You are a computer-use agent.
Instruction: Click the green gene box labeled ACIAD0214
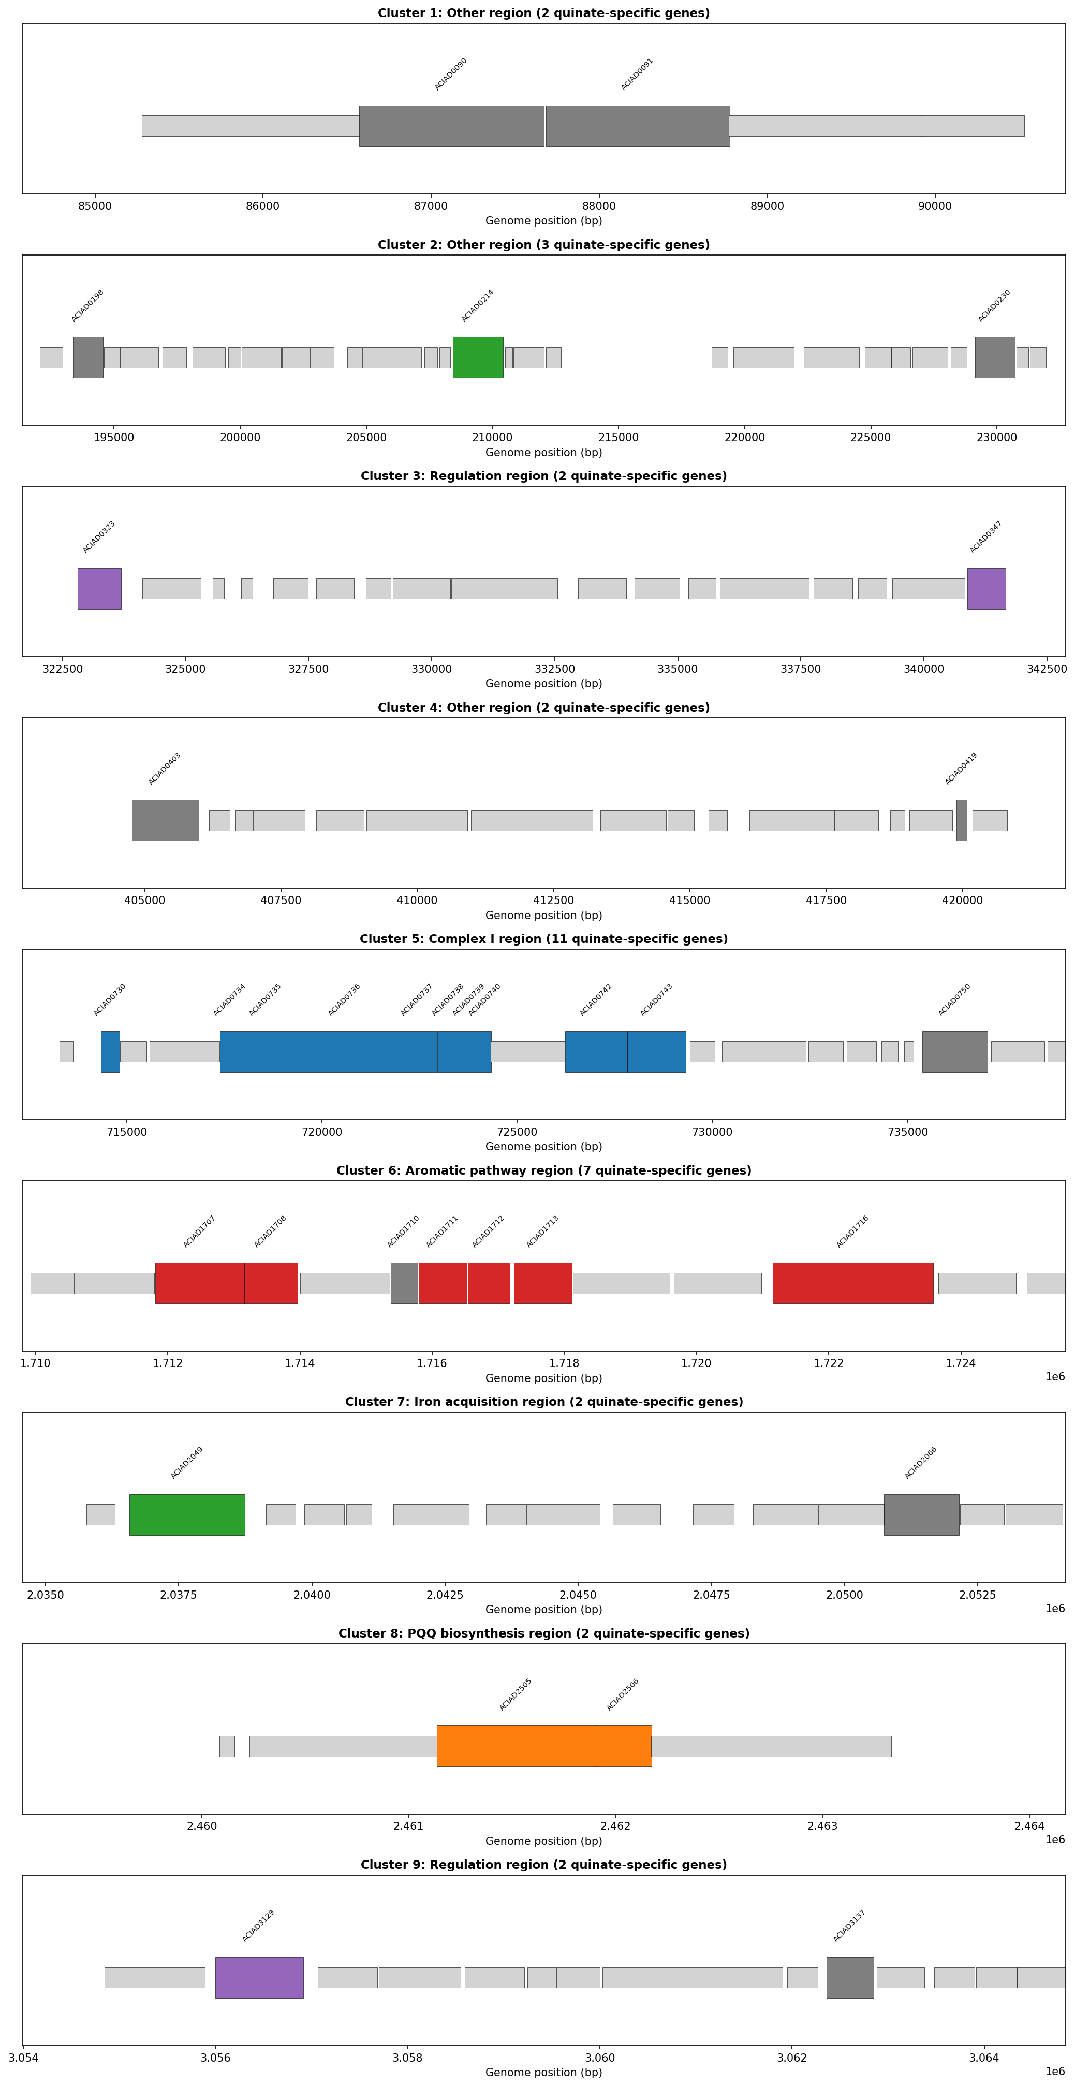[477, 357]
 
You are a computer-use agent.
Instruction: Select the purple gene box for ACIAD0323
[99, 589]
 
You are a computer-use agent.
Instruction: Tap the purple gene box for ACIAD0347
[986, 589]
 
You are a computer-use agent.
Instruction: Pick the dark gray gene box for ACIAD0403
[165, 820]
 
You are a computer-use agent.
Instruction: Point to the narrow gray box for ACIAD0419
[962, 820]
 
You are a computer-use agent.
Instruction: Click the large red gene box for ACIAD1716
[852, 1283]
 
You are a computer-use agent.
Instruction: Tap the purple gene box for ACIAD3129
[259, 1977]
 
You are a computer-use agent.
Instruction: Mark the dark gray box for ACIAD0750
[954, 1052]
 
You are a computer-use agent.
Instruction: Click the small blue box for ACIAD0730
[110, 1052]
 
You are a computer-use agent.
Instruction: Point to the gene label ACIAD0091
[637, 74]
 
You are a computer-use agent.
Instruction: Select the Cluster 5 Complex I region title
[543, 939]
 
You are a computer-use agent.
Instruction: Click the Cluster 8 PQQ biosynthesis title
[543, 1633]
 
